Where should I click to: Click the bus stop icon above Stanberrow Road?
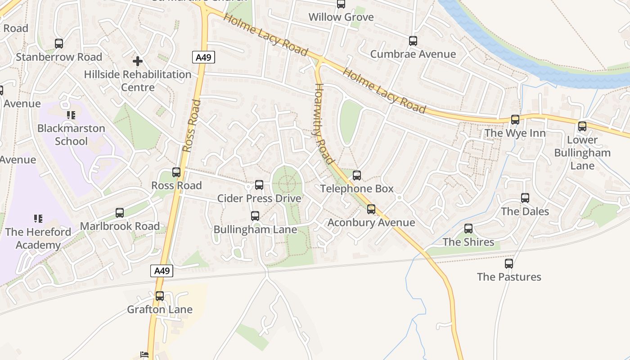(x=59, y=44)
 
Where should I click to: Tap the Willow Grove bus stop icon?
(x=341, y=4)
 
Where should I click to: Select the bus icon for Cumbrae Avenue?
(x=413, y=41)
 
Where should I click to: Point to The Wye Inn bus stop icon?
(x=515, y=120)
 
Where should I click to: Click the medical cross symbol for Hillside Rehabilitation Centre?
(x=138, y=61)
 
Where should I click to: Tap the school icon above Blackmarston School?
(x=71, y=115)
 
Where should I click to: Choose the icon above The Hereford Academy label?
(x=38, y=219)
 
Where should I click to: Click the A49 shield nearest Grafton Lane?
(x=162, y=271)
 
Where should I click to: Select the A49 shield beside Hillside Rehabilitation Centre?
(x=204, y=57)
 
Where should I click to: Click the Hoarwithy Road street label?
(x=324, y=124)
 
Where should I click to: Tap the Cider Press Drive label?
(x=259, y=198)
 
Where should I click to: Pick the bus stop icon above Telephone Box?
(x=357, y=175)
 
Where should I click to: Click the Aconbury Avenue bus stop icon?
(x=371, y=209)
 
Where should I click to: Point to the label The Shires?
(x=468, y=242)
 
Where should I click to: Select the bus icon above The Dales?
(x=525, y=198)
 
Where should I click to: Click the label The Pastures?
(x=509, y=277)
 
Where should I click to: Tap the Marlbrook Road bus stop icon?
(x=120, y=213)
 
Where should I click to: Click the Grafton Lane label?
(x=160, y=310)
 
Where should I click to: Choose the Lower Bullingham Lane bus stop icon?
(x=582, y=126)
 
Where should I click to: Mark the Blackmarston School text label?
(x=71, y=135)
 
